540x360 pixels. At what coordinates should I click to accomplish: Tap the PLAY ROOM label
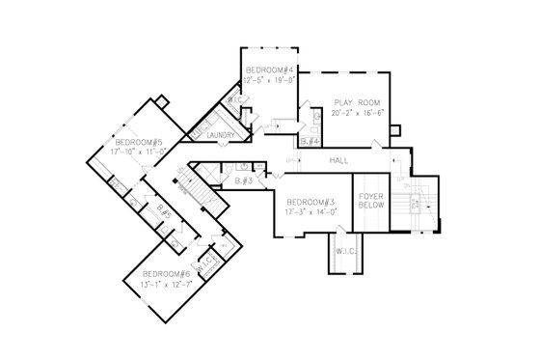click(354, 102)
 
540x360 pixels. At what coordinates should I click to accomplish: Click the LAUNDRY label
click(221, 136)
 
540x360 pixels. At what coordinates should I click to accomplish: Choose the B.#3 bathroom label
click(244, 180)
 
